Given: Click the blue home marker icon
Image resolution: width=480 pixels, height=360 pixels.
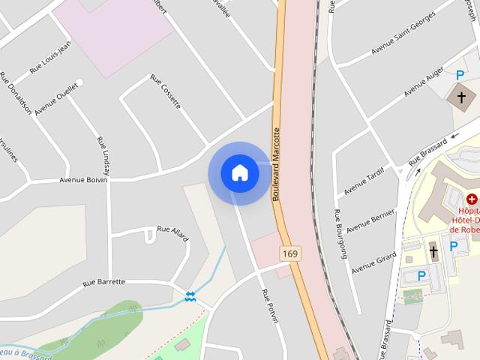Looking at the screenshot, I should [240, 172].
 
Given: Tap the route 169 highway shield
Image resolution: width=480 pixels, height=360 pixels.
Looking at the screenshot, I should [290, 254].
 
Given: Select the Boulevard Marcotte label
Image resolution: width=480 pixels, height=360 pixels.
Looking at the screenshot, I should [276, 163].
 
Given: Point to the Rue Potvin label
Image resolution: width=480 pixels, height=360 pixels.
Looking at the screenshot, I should [269, 306].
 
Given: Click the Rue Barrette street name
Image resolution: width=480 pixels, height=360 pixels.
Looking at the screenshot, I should [103, 282].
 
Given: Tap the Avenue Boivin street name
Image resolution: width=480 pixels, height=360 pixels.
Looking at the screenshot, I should [83, 180].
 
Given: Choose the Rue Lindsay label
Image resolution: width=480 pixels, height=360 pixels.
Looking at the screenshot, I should [103, 156].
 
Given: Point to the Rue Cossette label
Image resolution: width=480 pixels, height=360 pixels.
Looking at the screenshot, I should [166, 91].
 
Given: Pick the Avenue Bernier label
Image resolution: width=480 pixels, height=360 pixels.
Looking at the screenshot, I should [371, 220].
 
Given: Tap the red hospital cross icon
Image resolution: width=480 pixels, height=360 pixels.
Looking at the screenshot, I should [472, 199].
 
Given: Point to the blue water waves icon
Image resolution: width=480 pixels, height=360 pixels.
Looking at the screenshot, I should [191, 297].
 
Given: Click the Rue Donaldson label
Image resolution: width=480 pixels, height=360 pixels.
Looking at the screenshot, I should [16, 94].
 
